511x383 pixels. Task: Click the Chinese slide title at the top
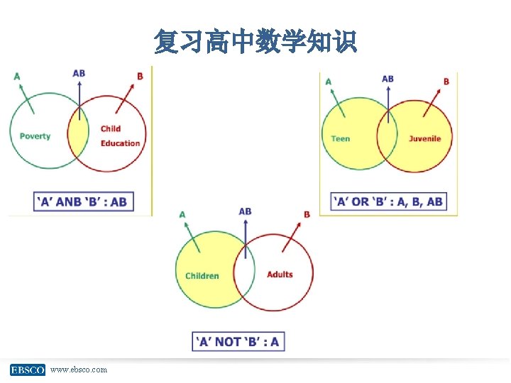(255, 43)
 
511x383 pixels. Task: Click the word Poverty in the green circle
(35, 136)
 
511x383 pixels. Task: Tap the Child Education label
(120, 136)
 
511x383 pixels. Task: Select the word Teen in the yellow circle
(341, 138)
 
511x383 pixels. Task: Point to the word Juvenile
(424, 138)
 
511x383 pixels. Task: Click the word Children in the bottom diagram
(202, 276)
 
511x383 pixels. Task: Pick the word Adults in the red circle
(280, 274)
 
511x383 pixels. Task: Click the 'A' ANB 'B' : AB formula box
(82, 201)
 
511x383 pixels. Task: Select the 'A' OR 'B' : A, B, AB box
(388, 201)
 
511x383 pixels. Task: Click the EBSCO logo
(28, 370)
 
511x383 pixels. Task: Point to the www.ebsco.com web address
(79, 370)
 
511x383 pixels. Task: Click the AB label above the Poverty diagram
(79, 73)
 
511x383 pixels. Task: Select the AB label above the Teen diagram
(388, 78)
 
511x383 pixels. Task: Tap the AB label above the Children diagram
(245, 211)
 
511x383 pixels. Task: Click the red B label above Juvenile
(446, 82)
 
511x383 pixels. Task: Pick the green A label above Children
(182, 214)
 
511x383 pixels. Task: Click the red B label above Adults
(307, 214)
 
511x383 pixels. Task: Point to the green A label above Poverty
(16, 77)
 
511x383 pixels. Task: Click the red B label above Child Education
(140, 77)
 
